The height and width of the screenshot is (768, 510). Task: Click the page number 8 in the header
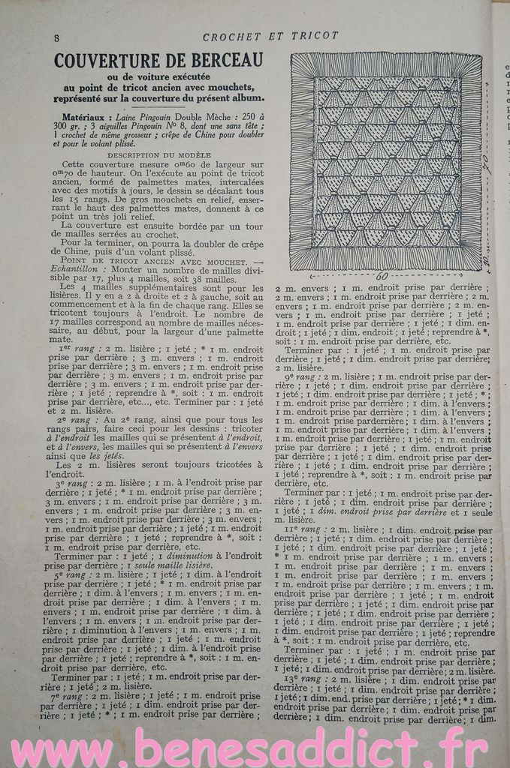click(57, 37)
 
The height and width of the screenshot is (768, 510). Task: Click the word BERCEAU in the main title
click(224, 60)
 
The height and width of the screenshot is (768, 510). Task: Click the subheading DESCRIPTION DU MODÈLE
click(158, 154)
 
